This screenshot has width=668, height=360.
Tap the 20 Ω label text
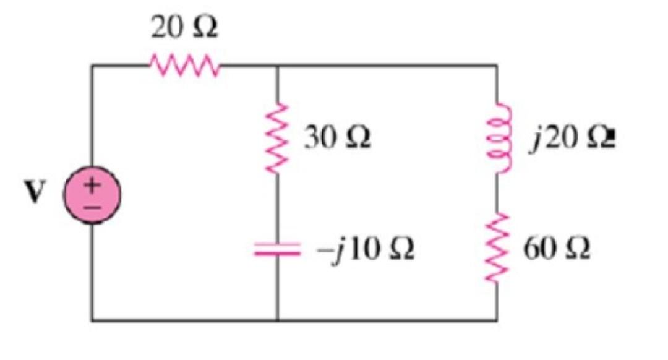coord(184,28)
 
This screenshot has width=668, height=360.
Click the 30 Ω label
coord(337,138)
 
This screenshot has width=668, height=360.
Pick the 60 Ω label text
coord(557,248)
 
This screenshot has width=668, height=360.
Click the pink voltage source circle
coord(93,192)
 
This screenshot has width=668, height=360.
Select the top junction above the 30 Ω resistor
coord(277,64)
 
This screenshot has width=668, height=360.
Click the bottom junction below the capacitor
coord(277,320)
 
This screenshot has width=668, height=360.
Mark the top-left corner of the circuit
coord(93,64)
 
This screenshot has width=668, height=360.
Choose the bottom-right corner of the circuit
coord(497,320)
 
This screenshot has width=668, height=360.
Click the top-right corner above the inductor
coord(497,64)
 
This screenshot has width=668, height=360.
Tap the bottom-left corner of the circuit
coord(93,320)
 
